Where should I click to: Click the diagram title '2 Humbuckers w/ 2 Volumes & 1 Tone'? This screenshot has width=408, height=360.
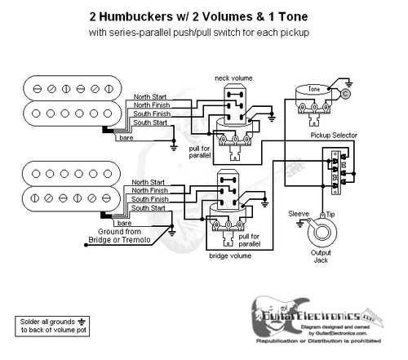coord(203,16)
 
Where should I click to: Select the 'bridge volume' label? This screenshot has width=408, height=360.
coord(231,256)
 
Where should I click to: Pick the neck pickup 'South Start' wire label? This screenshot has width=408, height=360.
coord(150,123)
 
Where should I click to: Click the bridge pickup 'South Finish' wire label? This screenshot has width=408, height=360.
coord(150,199)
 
